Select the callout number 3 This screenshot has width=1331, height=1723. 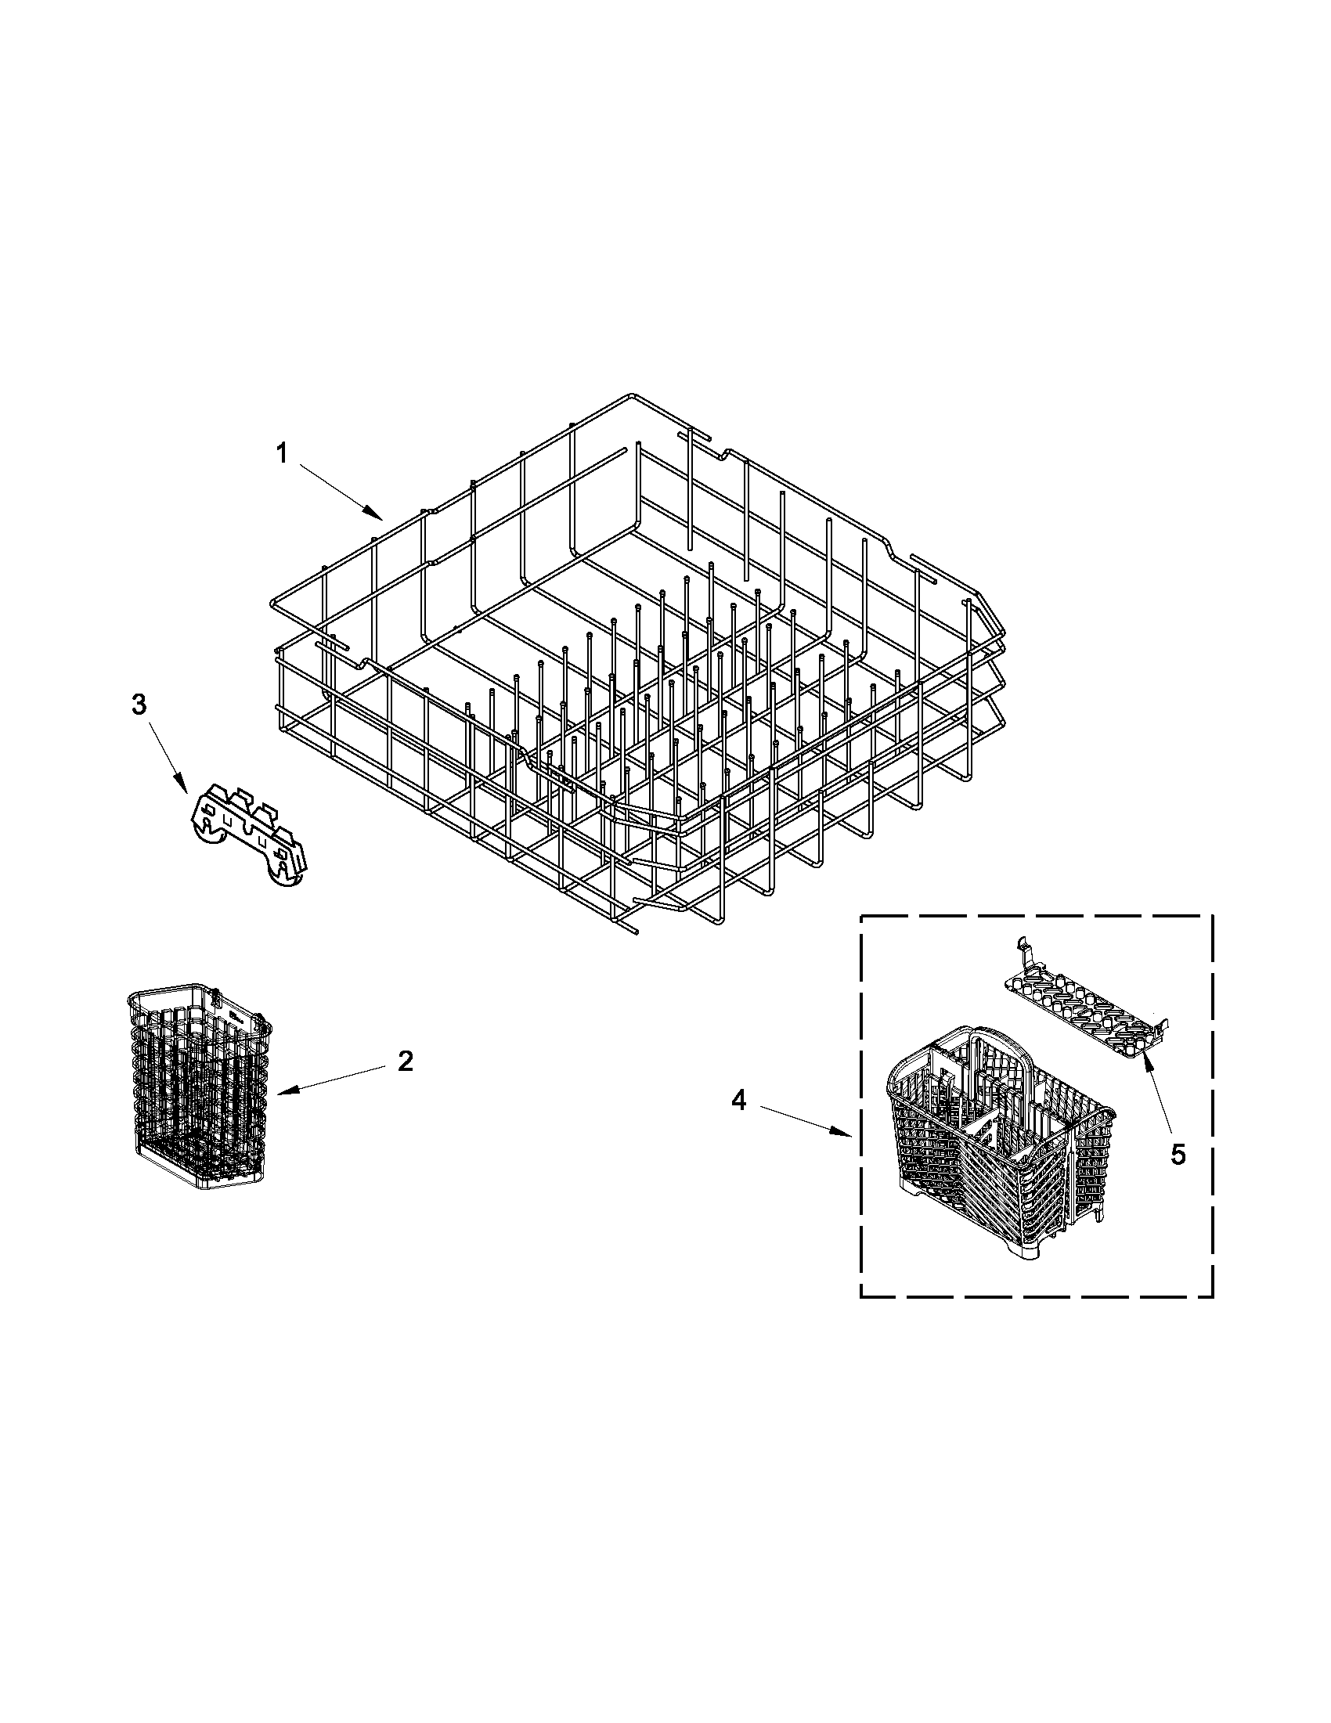tap(139, 705)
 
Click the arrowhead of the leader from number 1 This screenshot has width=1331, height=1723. tap(381, 518)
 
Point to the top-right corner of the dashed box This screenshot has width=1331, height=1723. tap(1212, 916)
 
